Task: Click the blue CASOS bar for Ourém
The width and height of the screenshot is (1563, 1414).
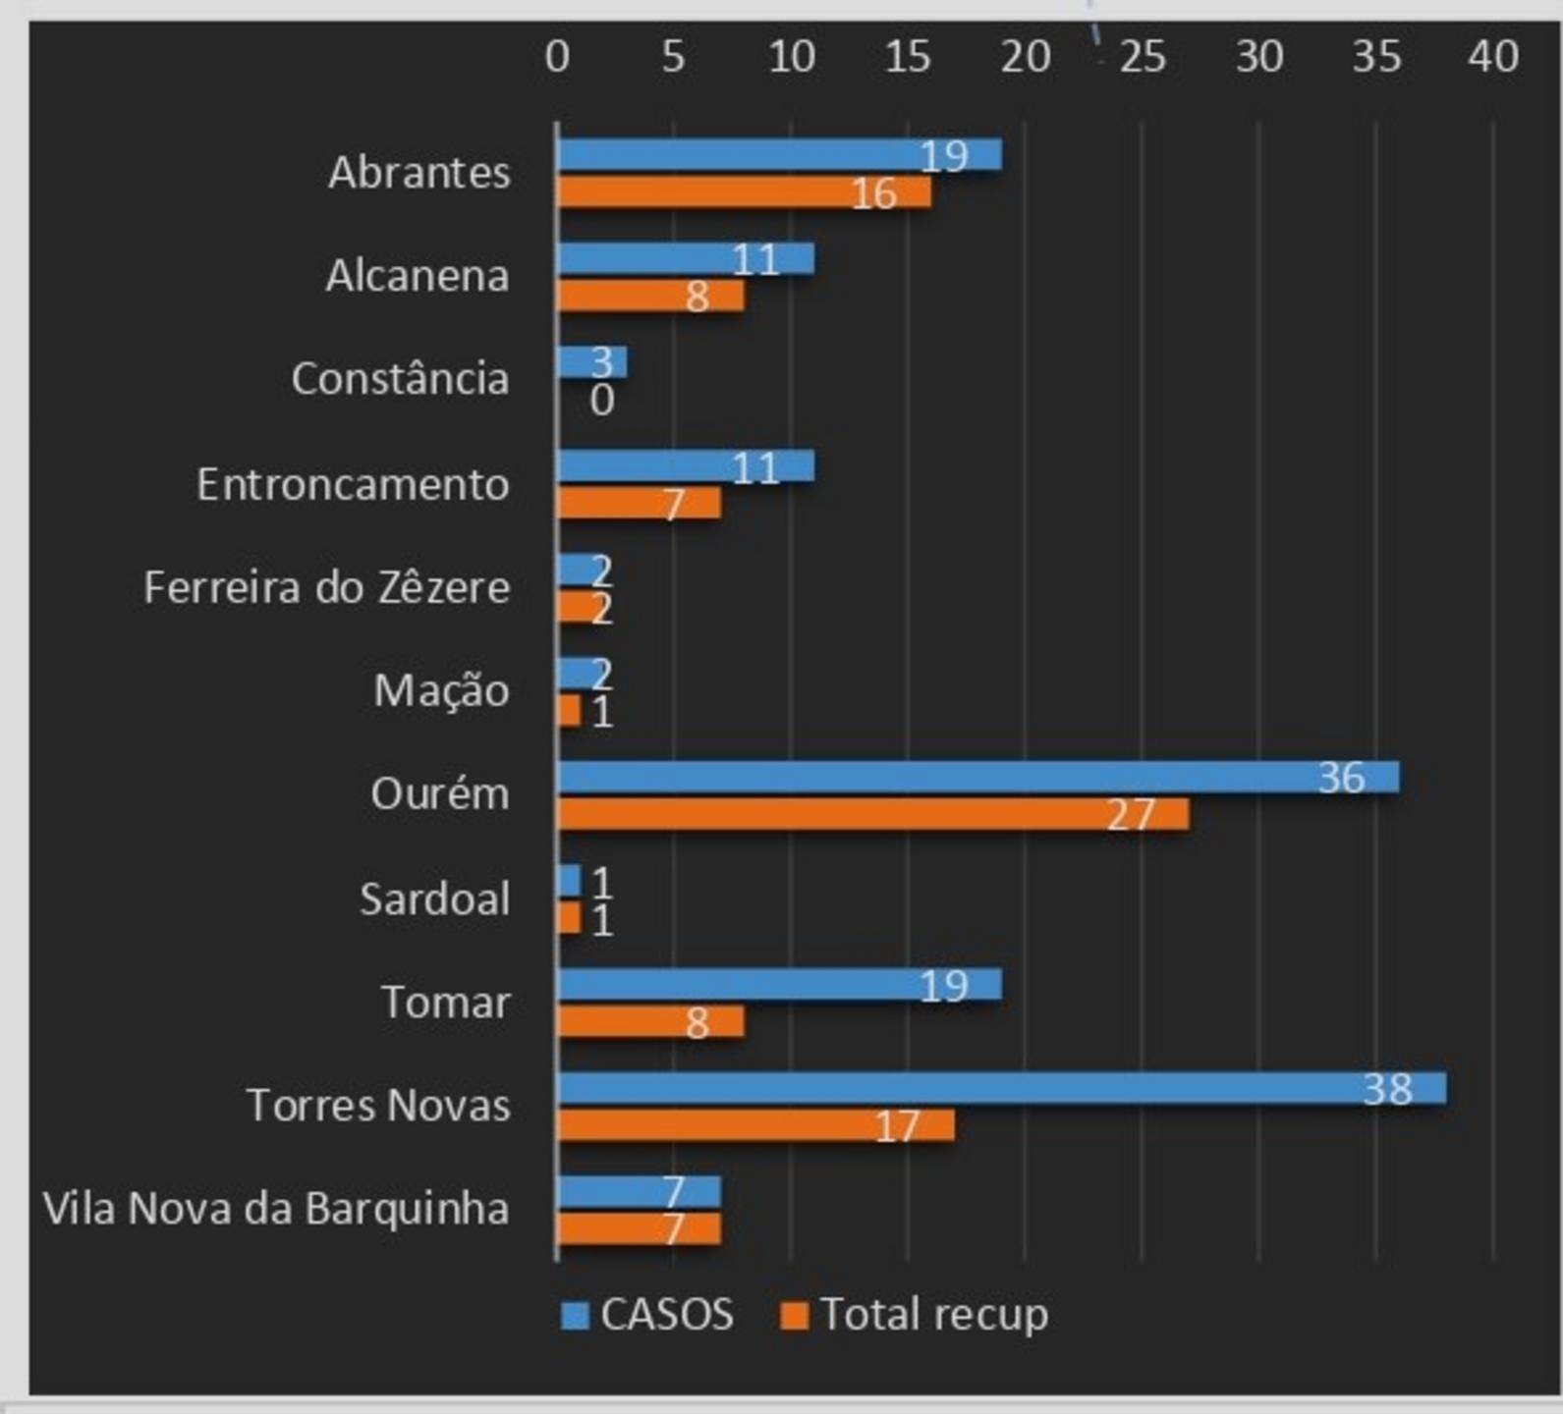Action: tap(977, 777)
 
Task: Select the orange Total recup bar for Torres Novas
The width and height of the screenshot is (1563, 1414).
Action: tap(754, 1125)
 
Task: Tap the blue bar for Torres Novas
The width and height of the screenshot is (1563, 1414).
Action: tap(1001, 1088)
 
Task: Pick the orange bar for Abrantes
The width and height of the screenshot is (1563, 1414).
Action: tap(744, 192)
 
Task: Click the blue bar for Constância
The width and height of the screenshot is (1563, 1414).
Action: tap(591, 362)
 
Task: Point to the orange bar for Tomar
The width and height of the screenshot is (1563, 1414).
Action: tap(650, 1021)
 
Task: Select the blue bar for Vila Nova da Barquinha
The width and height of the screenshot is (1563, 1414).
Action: tap(639, 1192)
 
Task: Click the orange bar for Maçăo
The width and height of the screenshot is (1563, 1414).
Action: tap(569, 711)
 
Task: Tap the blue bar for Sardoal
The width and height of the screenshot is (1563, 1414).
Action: tap(569, 881)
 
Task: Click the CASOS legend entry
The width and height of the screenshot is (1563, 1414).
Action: tap(648, 1314)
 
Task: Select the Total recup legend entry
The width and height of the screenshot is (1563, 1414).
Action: tap(915, 1314)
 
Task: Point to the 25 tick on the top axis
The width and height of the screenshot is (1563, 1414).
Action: tap(1143, 57)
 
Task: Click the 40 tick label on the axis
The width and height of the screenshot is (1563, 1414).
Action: tap(1493, 57)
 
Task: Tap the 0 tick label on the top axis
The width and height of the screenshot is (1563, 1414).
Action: tap(557, 57)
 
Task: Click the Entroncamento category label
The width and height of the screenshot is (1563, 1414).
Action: tap(353, 484)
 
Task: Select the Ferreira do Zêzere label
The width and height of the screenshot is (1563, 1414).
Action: tap(327, 587)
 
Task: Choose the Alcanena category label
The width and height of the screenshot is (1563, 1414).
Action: tap(418, 276)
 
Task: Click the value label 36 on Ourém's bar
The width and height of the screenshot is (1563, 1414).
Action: tap(1341, 778)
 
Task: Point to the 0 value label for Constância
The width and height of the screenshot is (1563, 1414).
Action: tap(602, 401)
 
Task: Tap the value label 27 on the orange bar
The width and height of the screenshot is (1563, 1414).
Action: tap(1130, 815)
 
